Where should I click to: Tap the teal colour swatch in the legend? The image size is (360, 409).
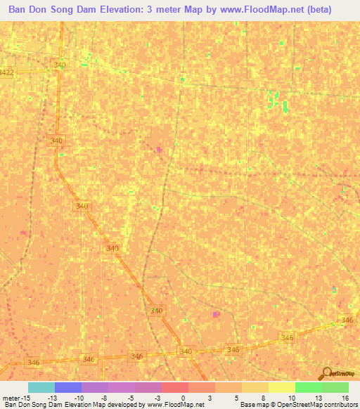41,387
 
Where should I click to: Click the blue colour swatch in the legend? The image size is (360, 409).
68,387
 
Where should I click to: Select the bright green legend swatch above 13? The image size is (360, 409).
309,387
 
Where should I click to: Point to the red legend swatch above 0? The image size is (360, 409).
175,387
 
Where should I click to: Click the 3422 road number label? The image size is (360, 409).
6,72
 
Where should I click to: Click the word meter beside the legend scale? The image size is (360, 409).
10,397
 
